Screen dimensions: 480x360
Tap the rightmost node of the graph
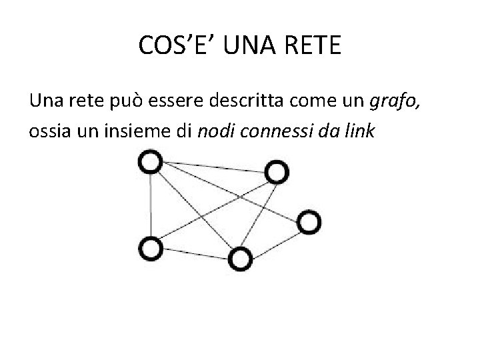tap(309, 222)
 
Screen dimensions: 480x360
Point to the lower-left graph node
tap(151, 248)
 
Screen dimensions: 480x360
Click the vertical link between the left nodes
tap(151, 205)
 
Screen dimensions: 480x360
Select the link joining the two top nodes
tap(213, 167)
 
